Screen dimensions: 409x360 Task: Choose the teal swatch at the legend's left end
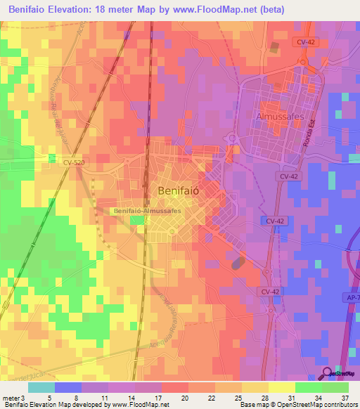(41, 387)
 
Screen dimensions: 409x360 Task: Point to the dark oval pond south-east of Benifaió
(239, 263)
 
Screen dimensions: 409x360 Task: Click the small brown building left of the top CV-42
(274, 48)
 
